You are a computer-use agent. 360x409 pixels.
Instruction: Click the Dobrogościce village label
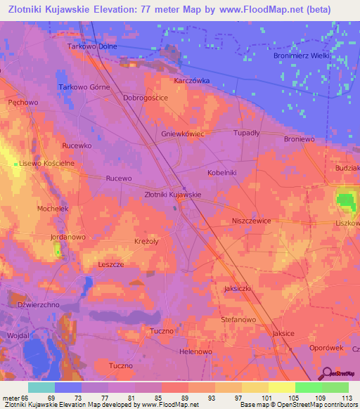145,98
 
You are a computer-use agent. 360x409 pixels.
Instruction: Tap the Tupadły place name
247,132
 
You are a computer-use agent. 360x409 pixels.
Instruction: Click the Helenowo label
195,351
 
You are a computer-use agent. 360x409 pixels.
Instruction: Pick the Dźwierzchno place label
38,305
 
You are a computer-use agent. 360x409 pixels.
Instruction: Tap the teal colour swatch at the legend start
41,387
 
